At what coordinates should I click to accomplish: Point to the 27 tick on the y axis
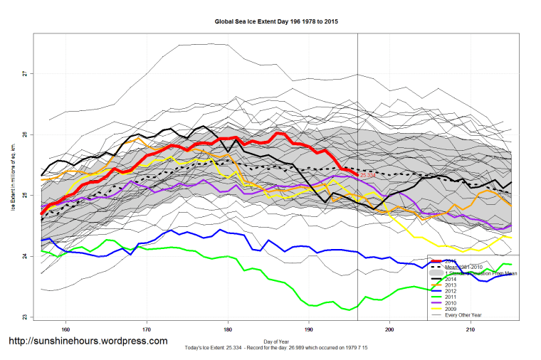point(24,73)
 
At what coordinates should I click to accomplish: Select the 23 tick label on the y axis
point(24,317)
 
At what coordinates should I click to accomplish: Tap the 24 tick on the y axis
point(24,256)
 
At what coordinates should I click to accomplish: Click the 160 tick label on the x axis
point(65,329)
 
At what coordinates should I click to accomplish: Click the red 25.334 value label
point(368,175)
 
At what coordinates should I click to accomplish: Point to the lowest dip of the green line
point(349,310)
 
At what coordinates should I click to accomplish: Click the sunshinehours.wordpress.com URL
point(88,342)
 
